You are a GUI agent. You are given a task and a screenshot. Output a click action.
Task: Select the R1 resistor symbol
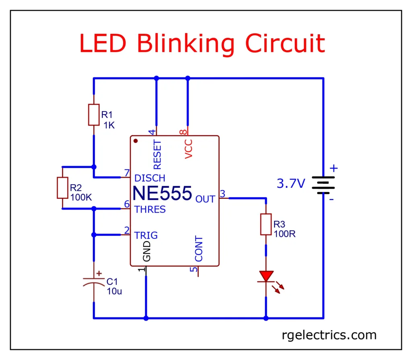tap(93, 115)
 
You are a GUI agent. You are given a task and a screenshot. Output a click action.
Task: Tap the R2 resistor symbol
tap(62, 187)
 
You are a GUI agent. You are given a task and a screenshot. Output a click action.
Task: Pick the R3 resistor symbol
tap(266, 224)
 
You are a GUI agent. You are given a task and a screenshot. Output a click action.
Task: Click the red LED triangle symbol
tap(266, 276)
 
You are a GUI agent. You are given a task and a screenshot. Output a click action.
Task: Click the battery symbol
tap(323, 185)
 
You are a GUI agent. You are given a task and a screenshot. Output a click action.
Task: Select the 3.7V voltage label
tap(291, 184)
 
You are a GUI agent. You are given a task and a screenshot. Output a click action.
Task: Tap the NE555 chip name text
tap(162, 193)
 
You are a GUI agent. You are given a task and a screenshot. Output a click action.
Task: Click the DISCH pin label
tap(150, 178)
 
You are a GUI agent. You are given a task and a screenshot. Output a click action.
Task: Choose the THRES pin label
tap(150, 210)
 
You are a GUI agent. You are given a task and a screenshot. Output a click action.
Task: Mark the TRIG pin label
tap(146, 235)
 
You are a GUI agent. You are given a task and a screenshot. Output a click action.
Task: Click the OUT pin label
tap(205, 199)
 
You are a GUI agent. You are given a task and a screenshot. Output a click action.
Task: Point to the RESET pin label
tap(157, 155)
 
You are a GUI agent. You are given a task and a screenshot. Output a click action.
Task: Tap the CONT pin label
tap(199, 249)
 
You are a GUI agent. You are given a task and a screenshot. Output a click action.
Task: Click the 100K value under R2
tap(81, 197)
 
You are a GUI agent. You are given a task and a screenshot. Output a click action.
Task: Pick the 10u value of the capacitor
tap(114, 291)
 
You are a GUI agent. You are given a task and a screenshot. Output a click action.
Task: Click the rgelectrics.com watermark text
tap(329, 335)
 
